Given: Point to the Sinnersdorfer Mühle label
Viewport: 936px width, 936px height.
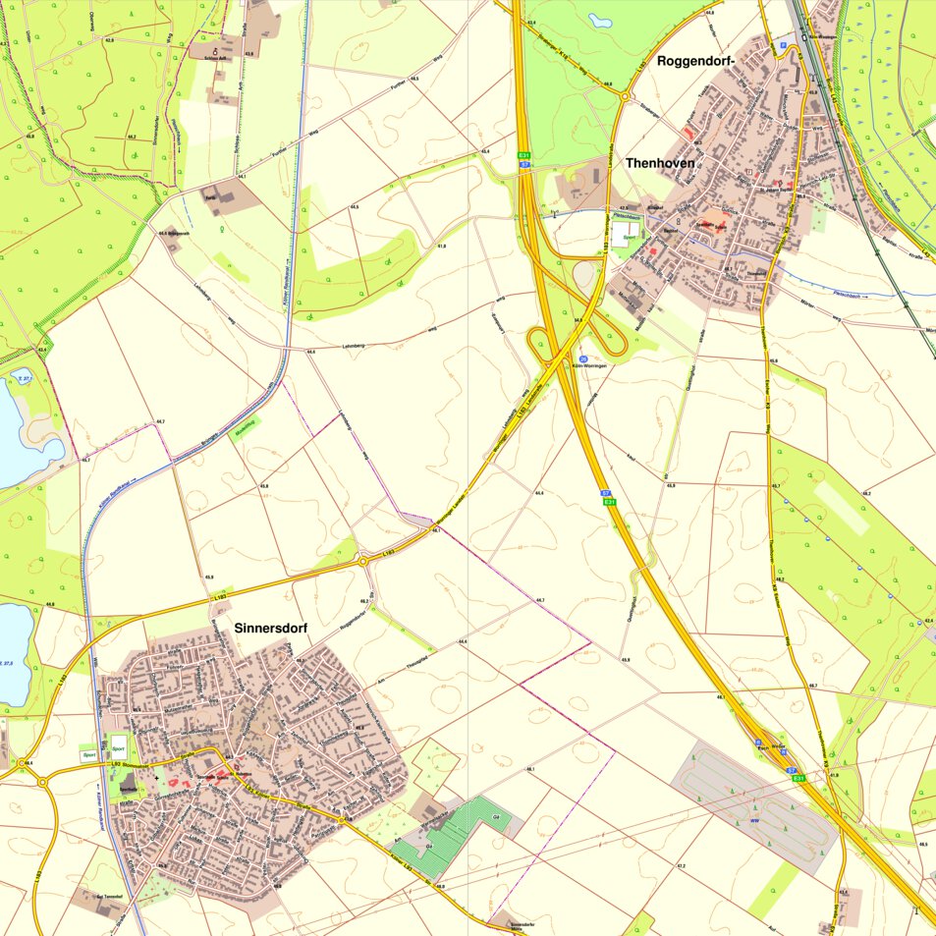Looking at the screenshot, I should (x=527, y=926).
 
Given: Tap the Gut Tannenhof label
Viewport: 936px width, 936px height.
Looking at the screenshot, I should (x=109, y=897).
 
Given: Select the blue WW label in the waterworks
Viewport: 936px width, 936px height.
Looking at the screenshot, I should (x=754, y=821).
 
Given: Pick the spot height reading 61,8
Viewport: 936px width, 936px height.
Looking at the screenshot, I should (x=441, y=246).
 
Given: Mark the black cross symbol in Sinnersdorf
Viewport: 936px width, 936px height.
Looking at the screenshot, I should (x=155, y=776).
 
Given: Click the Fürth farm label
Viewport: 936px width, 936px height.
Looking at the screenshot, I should (x=210, y=195).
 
